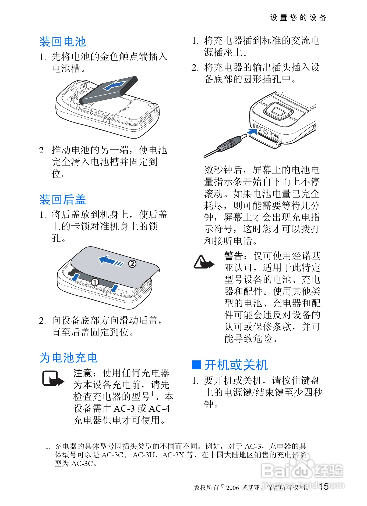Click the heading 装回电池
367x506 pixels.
tap(63, 42)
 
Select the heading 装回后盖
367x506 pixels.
tap(63, 200)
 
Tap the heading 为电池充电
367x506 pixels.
tap(69, 358)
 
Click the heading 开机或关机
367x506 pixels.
tap(236, 365)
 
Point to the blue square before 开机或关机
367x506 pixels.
tap(197, 365)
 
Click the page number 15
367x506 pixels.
tap(323, 486)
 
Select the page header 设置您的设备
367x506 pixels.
tap(298, 18)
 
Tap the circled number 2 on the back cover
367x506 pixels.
tap(132, 264)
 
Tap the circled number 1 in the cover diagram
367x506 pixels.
tap(94, 282)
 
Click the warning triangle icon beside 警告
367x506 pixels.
tap(204, 262)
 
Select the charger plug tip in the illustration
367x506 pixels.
tap(243, 137)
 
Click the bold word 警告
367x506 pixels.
tap(234, 256)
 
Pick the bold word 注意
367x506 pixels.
tap(83, 373)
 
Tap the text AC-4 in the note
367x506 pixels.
tap(159, 409)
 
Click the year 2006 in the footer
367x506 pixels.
tap(232, 487)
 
